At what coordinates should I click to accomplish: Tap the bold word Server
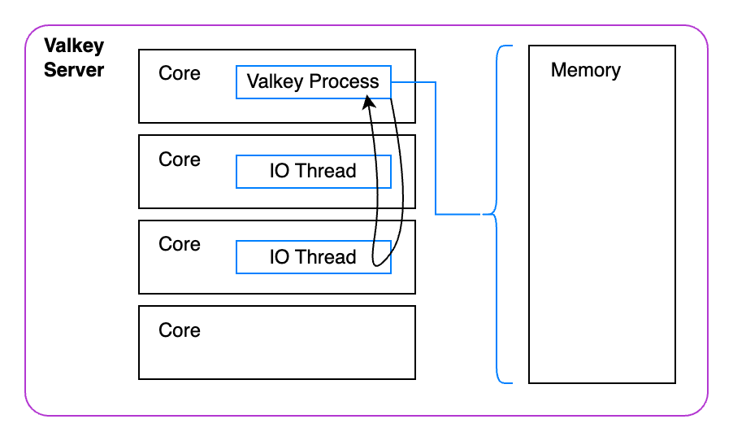(x=74, y=70)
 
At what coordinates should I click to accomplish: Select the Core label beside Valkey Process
(x=180, y=73)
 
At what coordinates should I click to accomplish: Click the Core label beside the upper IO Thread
(x=180, y=159)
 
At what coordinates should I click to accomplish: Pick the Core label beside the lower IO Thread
(x=180, y=244)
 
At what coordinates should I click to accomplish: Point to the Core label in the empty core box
(x=180, y=330)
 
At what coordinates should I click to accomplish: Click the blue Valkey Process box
(x=313, y=82)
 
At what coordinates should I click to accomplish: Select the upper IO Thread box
(x=313, y=172)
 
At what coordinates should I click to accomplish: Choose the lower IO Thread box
(x=313, y=257)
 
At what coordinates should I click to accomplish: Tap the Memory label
(x=585, y=70)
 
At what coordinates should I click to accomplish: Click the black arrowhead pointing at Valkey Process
(x=368, y=102)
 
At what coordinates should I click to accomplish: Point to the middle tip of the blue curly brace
(x=485, y=215)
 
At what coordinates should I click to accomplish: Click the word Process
(x=345, y=82)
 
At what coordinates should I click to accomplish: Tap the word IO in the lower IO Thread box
(x=279, y=257)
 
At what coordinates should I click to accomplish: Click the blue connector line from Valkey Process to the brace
(x=436, y=146)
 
